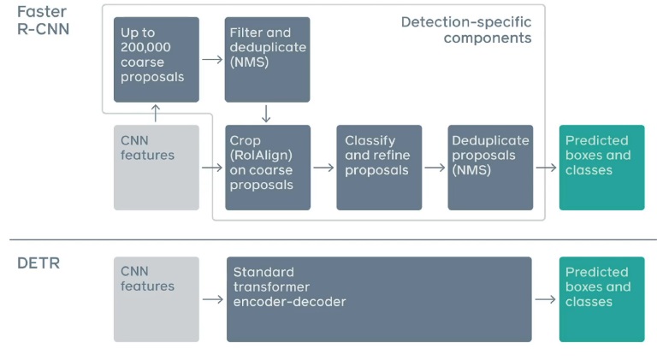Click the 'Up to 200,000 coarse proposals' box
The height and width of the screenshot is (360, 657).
point(157,60)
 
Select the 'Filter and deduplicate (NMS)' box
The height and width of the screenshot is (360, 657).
point(267,60)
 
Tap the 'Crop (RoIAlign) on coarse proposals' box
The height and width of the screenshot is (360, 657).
point(267,168)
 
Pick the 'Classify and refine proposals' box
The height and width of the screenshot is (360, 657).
point(379,168)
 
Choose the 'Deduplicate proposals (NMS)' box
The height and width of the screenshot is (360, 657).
point(490,168)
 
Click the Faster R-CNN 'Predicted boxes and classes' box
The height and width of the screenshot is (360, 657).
point(601,168)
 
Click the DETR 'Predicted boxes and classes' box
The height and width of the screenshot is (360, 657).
point(601,299)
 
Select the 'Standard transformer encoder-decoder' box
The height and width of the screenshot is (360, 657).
point(379,299)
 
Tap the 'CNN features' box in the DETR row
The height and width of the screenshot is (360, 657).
point(157,299)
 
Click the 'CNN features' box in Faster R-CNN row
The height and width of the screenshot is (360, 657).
point(157,168)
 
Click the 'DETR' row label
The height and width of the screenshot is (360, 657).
point(38,263)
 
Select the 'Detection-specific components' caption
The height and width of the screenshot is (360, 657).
point(466,29)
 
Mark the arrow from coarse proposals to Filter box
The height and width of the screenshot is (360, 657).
point(211,61)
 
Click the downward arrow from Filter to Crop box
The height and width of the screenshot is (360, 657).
point(267,114)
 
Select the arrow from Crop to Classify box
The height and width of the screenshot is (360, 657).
point(323,168)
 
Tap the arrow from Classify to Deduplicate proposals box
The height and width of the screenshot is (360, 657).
point(435,168)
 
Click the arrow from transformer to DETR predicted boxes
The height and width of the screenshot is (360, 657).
point(545,300)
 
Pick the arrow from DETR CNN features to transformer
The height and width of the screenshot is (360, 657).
point(212,300)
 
